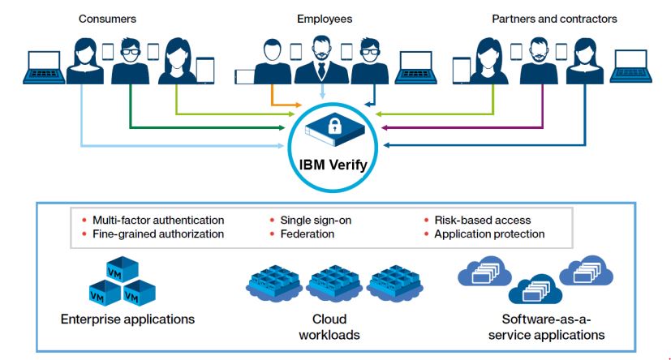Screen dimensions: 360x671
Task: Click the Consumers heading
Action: click(107, 18)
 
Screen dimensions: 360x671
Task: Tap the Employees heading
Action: click(324, 18)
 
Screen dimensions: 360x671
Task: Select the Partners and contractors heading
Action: click(554, 18)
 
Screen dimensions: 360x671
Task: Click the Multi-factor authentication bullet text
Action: click(158, 220)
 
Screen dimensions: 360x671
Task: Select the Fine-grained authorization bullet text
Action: click(158, 234)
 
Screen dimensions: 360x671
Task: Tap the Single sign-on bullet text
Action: click(316, 220)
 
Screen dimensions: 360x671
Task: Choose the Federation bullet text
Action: click(308, 234)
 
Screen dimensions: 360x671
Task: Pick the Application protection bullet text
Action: click(489, 234)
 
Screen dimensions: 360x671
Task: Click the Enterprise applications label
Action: click(127, 319)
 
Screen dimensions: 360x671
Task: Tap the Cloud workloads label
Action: click(335, 326)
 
